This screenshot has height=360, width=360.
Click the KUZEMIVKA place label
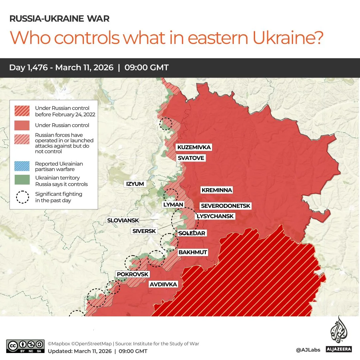pyautogui.click(x=194, y=147)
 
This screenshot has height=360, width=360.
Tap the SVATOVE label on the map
pyautogui.click(x=190, y=158)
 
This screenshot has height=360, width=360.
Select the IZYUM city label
pyautogui.click(x=135, y=183)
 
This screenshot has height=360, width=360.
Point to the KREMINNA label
pyautogui.click(x=216, y=190)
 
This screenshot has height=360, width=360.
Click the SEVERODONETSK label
pyautogui.click(x=225, y=206)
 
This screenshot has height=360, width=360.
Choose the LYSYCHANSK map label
pyautogui.click(x=215, y=216)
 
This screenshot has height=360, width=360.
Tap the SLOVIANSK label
pyautogui.click(x=122, y=220)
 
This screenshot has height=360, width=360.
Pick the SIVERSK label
pyautogui.click(x=144, y=231)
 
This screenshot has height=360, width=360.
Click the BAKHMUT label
pyautogui.click(x=193, y=252)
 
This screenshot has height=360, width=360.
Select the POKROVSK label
pyautogui.click(x=132, y=274)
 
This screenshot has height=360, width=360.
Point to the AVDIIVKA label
pyautogui.click(x=163, y=284)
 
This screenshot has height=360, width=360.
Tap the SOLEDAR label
pyautogui.click(x=192, y=233)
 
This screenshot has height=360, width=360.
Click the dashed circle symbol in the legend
pyautogui.click(x=23, y=197)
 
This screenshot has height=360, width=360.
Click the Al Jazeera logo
pyautogui.click(x=339, y=335)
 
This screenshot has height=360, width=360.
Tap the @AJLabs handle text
pyautogui.click(x=308, y=350)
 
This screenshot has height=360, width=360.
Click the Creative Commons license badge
pyautogui.click(x=25, y=346)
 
